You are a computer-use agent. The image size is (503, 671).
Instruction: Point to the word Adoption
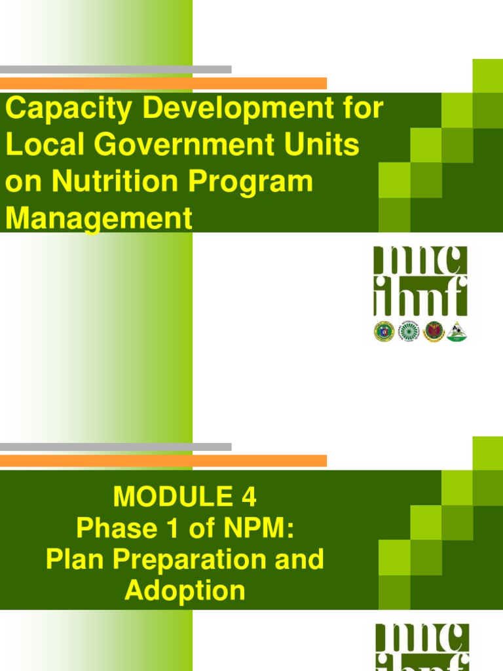[x=185, y=590]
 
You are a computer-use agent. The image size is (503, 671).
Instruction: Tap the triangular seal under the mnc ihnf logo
[x=456, y=332]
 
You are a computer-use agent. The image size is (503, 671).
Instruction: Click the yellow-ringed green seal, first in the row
[x=384, y=332]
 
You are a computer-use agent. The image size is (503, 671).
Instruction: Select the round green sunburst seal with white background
[x=409, y=332]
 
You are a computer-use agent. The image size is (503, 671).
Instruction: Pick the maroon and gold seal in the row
[x=433, y=332]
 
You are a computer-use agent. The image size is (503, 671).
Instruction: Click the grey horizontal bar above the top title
[x=115, y=69]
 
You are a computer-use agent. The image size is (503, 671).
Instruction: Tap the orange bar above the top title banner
[x=163, y=83]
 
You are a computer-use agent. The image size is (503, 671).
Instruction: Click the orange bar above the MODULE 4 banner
[x=163, y=461]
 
